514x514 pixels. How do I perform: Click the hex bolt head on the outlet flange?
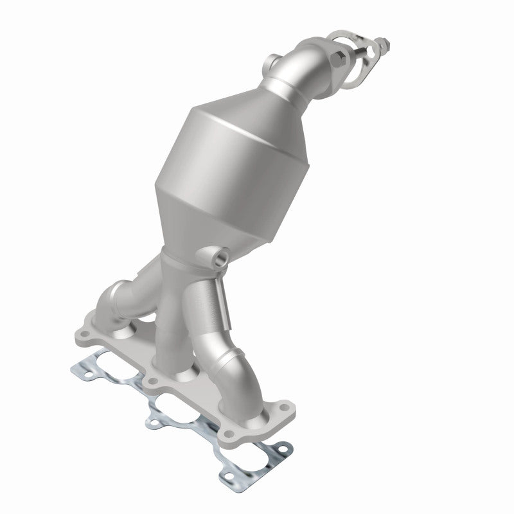339,60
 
